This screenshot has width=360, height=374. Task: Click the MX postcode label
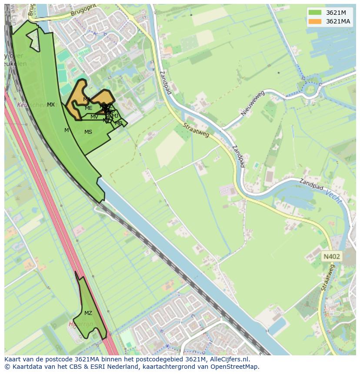[51, 105]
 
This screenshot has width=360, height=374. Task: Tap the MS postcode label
[88, 132]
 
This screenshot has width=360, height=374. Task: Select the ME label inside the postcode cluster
[89, 108]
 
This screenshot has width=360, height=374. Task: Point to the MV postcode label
[94, 117]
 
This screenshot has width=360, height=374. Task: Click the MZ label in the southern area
[88, 313]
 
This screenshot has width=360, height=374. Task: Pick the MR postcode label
[118, 123]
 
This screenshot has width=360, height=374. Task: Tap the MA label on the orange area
[87, 99]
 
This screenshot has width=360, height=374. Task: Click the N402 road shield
[332, 257]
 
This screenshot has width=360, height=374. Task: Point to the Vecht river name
[333, 198]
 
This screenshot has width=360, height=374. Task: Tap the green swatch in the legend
[315, 13]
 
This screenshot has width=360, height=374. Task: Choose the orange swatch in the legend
[315, 21]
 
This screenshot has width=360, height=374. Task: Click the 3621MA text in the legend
[338, 21]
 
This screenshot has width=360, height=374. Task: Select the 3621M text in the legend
[336, 13]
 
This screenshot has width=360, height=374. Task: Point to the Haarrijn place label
[80, 324]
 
